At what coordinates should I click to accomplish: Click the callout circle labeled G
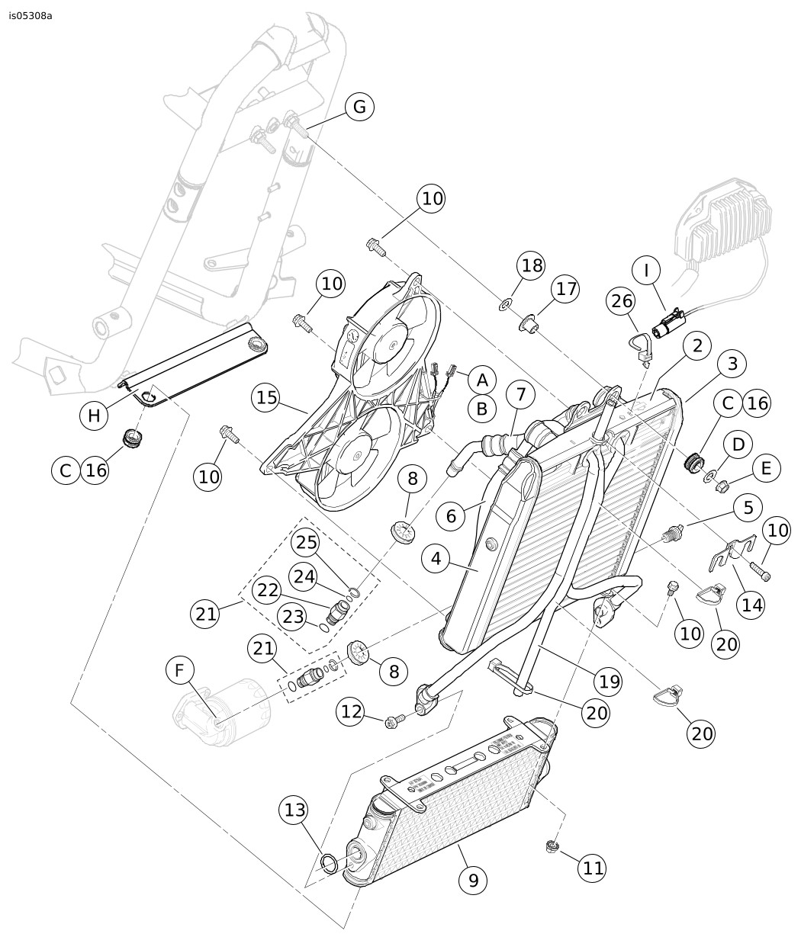tap(359, 107)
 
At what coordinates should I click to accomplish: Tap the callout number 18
tap(532, 266)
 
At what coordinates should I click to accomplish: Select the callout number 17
tap(566, 289)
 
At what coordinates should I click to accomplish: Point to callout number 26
tap(622, 301)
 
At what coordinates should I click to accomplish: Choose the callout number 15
tap(266, 397)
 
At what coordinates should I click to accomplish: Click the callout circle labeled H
tap(94, 416)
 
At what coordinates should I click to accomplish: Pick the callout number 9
tap(473, 880)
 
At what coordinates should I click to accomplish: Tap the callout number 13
tap(294, 810)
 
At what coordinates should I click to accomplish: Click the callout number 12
tap(352, 711)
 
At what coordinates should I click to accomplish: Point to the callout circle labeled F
tap(180, 671)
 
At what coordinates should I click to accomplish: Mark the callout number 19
tap(609, 681)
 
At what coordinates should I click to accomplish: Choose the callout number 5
tap(748, 506)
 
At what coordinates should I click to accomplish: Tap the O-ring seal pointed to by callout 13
tap(330, 864)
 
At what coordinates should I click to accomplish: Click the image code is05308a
tap(31, 15)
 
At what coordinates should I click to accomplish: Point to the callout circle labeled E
tap(766, 468)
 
